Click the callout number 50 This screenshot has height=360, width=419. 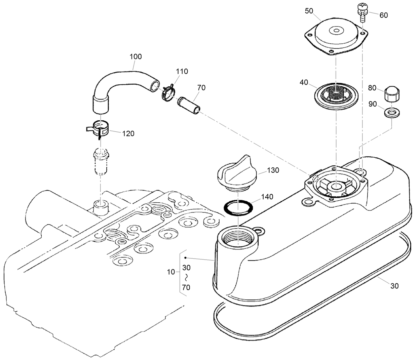tap(309, 11)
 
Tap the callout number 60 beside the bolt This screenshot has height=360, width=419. tap(383, 15)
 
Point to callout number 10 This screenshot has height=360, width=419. tap(171, 272)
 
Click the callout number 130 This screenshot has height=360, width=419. tap(273, 170)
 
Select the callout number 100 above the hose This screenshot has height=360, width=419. tap(136, 56)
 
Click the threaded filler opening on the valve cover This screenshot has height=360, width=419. tap(237, 239)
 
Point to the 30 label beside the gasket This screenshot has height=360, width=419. tap(394, 286)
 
